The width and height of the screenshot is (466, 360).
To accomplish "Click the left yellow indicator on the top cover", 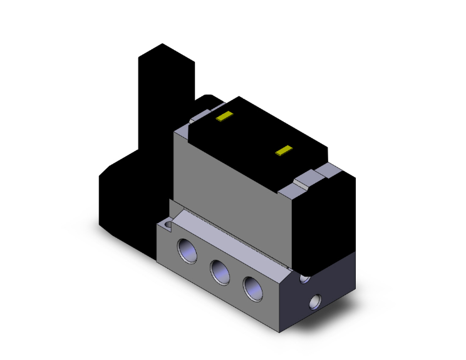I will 224,116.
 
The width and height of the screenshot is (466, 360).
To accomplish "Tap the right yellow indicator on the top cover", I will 285,150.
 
